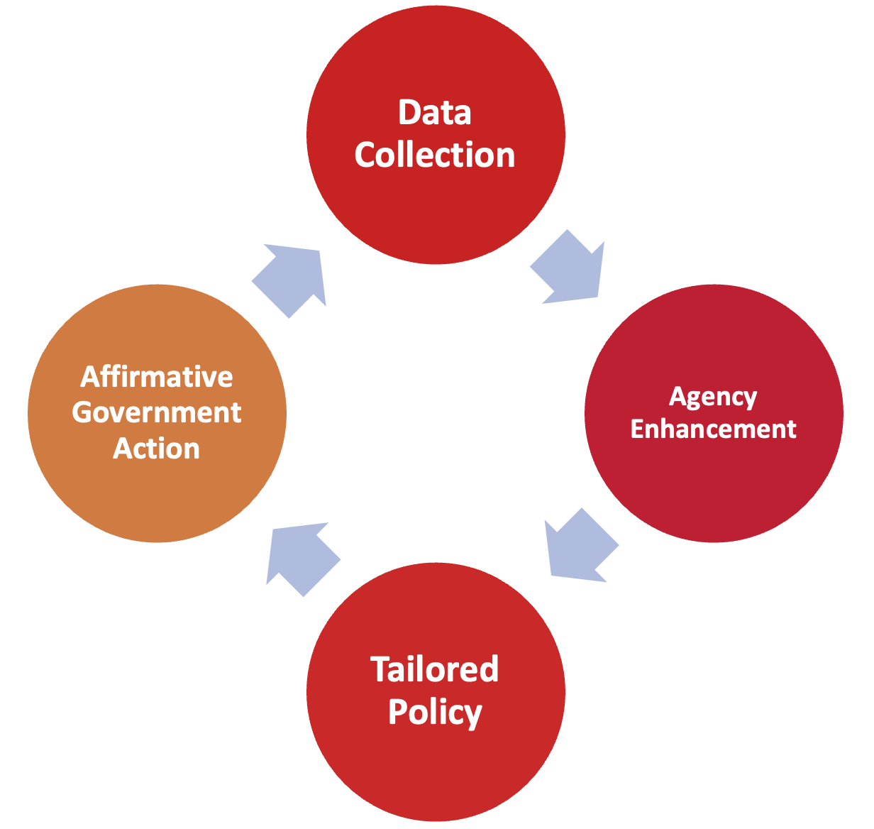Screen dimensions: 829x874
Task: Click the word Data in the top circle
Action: [x=434, y=113]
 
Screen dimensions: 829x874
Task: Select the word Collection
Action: [x=434, y=155]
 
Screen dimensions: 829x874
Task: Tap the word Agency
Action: [x=713, y=397]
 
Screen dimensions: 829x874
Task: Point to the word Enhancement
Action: [x=713, y=429]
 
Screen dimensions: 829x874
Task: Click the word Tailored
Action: [x=434, y=669]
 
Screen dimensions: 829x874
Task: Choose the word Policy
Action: [x=434, y=712]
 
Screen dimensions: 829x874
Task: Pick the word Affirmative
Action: [x=156, y=376]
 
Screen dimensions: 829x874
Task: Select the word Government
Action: [x=156, y=412]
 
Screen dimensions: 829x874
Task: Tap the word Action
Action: [x=156, y=449]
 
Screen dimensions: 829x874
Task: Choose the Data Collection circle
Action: [x=436, y=213]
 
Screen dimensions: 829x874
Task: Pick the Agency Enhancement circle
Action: [x=714, y=483]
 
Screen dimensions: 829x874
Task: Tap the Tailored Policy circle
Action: [x=436, y=767]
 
